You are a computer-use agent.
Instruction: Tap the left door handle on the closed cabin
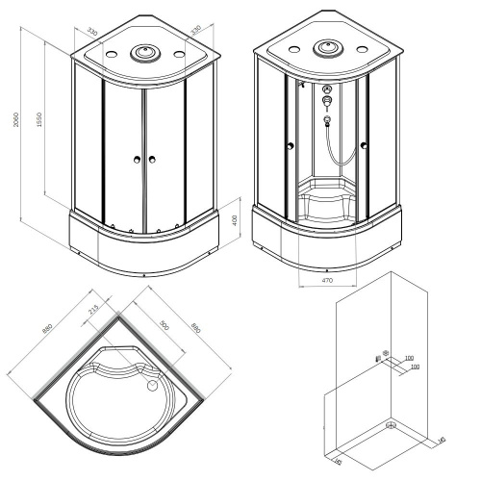click(x=139, y=160)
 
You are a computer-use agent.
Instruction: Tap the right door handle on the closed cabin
click(x=152, y=160)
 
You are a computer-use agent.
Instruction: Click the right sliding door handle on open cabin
click(x=365, y=145)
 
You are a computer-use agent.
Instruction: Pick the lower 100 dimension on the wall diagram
click(x=415, y=367)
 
